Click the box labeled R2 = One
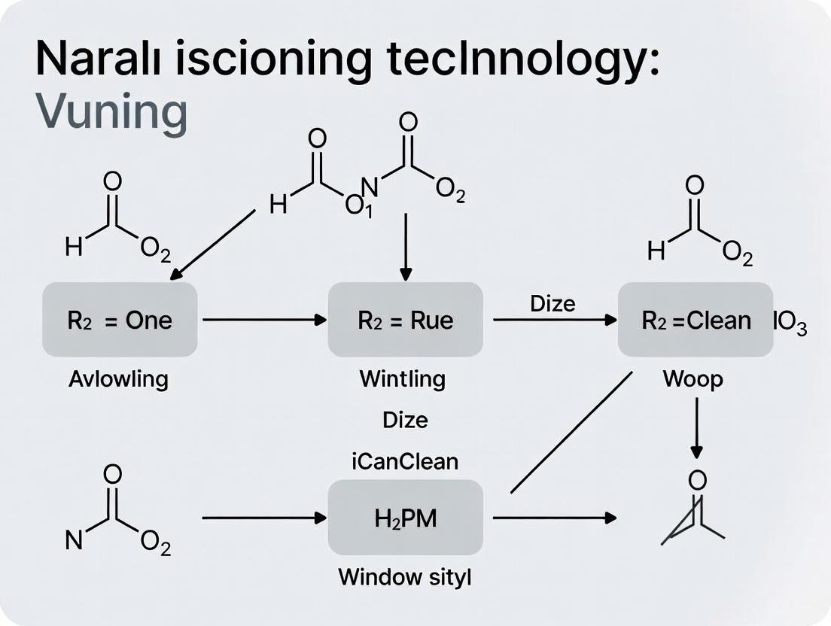pyautogui.click(x=120, y=320)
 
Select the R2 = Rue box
pyautogui.click(x=405, y=320)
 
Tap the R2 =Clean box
pyautogui.click(x=696, y=320)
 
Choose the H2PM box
pyautogui.click(x=405, y=518)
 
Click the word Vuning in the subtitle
pyautogui.click(x=111, y=113)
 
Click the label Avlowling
pyautogui.click(x=118, y=378)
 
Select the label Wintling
pyautogui.click(x=402, y=378)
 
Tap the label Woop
pyautogui.click(x=692, y=378)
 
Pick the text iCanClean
pyautogui.click(x=405, y=460)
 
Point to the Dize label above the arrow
pyautogui.click(x=552, y=303)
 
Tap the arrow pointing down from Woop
pyautogui.click(x=697, y=427)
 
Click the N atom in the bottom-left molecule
pyautogui.click(x=74, y=540)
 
